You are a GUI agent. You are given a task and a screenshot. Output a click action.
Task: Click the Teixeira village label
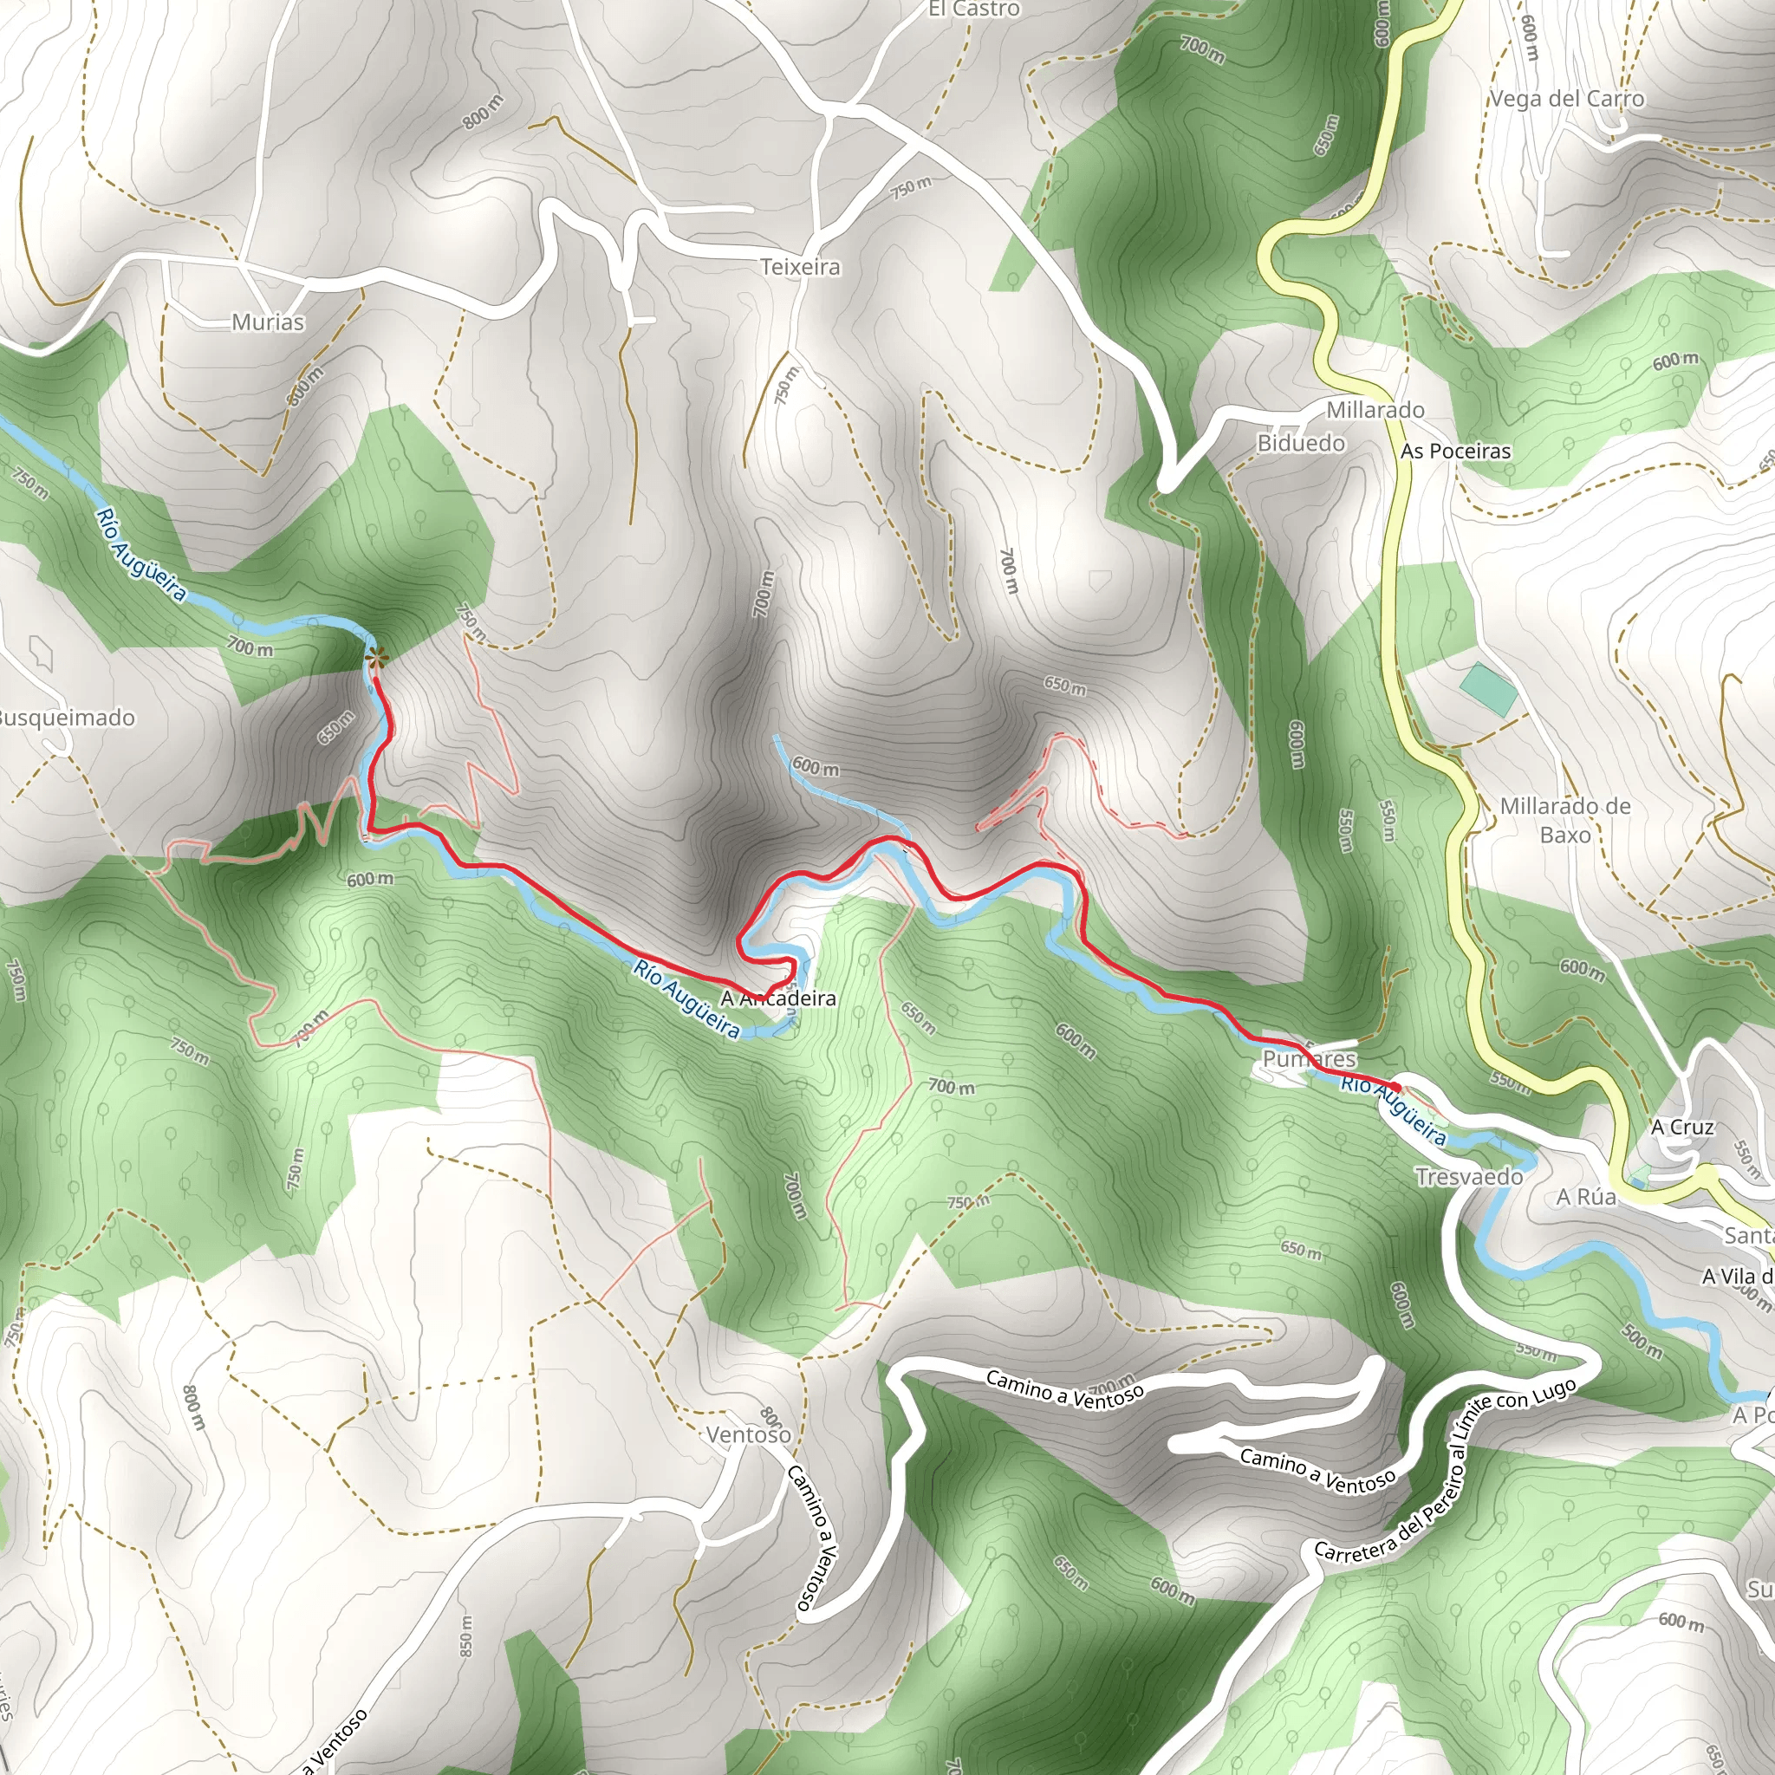(x=800, y=267)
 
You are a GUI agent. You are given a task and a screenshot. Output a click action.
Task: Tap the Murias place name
(x=267, y=322)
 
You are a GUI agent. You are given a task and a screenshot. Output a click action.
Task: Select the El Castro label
(x=974, y=10)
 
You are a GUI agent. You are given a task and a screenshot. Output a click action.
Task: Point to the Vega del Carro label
(x=1566, y=99)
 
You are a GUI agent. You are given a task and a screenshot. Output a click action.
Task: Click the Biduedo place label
(x=1301, y=444)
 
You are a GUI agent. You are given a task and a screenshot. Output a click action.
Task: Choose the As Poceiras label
(x=1455, y=451)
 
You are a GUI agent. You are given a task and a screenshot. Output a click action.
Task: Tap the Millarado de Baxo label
(x=1564, y=820)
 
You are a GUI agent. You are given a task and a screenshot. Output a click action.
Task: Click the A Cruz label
(x=1682, y=1128)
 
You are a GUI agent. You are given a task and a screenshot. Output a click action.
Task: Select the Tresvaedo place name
(x=1469, y=1177)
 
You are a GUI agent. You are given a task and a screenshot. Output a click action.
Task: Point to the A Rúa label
(x=1586, y=1197)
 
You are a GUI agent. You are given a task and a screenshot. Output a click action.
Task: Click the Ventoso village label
(x=748, y=1434)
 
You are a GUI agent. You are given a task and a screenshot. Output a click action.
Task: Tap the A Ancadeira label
(x=778, y=998)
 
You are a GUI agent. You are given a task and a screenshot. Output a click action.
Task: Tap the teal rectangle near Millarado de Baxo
(x=1489, y=689)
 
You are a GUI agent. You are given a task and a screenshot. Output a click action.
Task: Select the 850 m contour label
(x=465, y=1636)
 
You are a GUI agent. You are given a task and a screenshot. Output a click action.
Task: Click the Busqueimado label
(x=66, y=718)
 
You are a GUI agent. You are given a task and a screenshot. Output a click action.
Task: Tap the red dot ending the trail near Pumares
(x=1396, y=1088)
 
